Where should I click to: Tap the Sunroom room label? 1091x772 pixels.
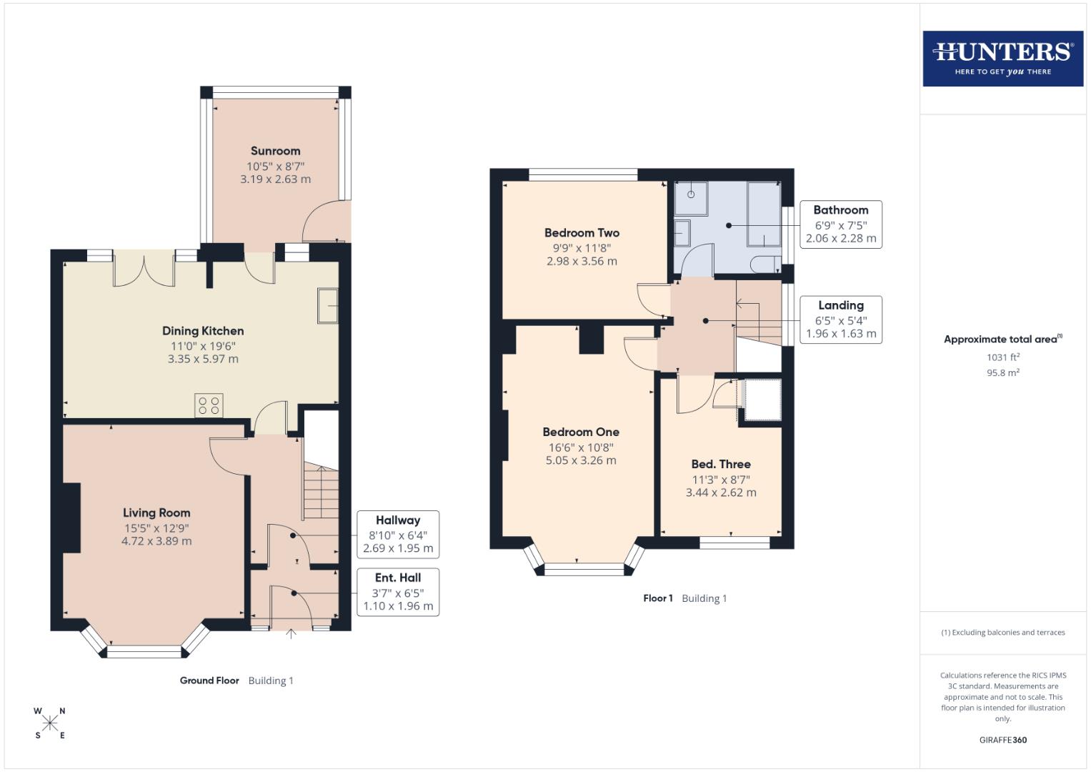click(x=275, y=151)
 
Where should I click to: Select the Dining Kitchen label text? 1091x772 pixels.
click(x=203, y=331)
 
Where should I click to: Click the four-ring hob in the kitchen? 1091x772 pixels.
click(x=209, y=406)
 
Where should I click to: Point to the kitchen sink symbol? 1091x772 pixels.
click(x=328, y=306)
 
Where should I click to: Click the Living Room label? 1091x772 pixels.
click(x=156, y=513)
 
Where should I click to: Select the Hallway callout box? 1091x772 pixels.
click(x=397, y=534)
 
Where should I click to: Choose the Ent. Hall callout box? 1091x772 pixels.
click(x=397, y=592)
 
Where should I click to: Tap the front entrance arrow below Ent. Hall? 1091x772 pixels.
click(x=291, y=633)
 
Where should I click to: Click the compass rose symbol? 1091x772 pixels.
click(x=49, y=723)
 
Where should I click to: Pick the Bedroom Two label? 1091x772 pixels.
click(x=582, y=232)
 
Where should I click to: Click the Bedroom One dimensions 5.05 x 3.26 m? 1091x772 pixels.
click(x=580, y=460)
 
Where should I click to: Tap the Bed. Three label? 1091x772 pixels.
click(x=720, y=464)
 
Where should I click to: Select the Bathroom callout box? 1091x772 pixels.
click(x=840, y=224)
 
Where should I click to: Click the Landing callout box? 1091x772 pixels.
click(x=840, y=320)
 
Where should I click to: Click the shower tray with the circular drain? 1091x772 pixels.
click(x=692, y=198)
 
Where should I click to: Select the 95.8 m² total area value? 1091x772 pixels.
click(x=1002, y=372)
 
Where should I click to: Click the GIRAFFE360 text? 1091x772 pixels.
click(x=1002, y=740)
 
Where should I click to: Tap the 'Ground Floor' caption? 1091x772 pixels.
click(x=209, y=681)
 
